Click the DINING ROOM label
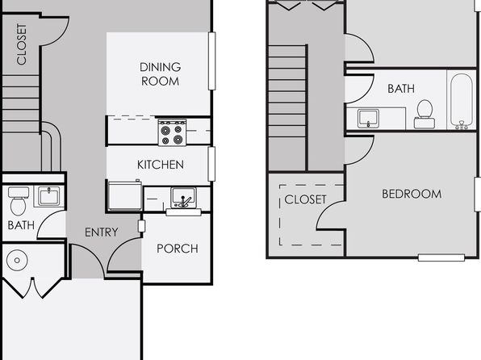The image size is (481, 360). (x=160, y=74)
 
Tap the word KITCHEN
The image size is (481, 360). (x=161, y=165)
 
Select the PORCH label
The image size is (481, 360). (x=178, y=249)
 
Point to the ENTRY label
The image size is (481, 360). (x=102, y=232)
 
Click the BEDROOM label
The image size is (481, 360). (x=412, y=194)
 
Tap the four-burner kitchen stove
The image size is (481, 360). (x=172, y=132)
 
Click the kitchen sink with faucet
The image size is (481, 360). (x=183, y=199)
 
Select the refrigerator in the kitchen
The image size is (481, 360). (x=125, y=195)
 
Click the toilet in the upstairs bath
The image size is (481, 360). (x=425, y=114)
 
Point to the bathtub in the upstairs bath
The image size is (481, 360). (x=462, y=101)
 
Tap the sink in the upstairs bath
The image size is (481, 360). (x=368, y=119)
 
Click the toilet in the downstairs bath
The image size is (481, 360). (x=19, y=201)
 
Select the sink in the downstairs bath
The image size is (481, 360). (x=49, y=196)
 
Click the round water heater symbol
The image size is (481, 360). (x=17, y=260)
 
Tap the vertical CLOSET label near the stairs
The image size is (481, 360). (x=22, y=44)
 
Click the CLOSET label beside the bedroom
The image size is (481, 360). (x=305, y=199)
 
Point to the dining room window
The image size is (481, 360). (x=211, y=61)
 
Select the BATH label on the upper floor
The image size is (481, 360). (x=401, y=89)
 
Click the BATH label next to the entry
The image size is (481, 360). (x=21, y=225)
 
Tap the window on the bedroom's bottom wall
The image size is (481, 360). (x=441, y=257)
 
